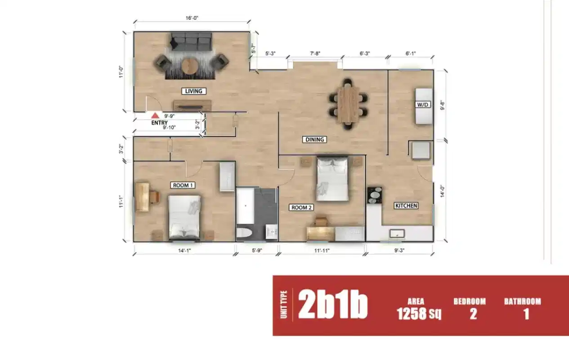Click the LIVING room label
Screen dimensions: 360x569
point(194,91)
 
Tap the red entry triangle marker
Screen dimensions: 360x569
point(155,116)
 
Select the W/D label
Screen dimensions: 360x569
point(424,105)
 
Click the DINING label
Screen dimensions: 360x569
point(314,139)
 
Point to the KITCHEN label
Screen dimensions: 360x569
point(406,206)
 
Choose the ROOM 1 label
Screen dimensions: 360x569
point(183,185)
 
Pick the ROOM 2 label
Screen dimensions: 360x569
point(301,207)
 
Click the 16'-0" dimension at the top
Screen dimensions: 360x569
point(192,18)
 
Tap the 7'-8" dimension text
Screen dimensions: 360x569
point(315,54)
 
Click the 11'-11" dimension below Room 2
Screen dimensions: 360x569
point(322,251)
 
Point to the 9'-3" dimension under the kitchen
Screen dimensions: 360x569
point(399,251)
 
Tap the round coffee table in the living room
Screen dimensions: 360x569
point(189,66)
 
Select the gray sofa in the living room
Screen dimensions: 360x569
point(191,42)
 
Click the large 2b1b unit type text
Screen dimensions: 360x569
point(332,305)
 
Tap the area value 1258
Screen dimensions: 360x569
point(411,314)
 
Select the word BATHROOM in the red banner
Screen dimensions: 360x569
point(522,301)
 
